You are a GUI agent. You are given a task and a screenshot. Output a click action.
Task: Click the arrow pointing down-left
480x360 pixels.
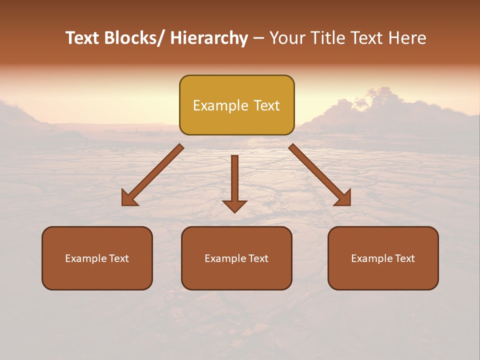[x=152, y=175]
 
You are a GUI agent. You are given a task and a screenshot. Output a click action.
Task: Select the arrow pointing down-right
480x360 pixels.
[x=320, y=175]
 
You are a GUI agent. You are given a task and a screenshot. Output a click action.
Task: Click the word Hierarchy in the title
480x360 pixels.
[x=208, y=38]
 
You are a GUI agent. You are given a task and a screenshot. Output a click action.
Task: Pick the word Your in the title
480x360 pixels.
[x=287, y=38]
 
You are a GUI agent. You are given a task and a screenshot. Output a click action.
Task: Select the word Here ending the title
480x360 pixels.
[x=408, y=38]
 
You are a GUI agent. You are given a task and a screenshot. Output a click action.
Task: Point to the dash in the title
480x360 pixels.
[x=258, y=38]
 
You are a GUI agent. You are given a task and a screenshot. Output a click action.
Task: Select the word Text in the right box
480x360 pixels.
[x=404, y=258]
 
